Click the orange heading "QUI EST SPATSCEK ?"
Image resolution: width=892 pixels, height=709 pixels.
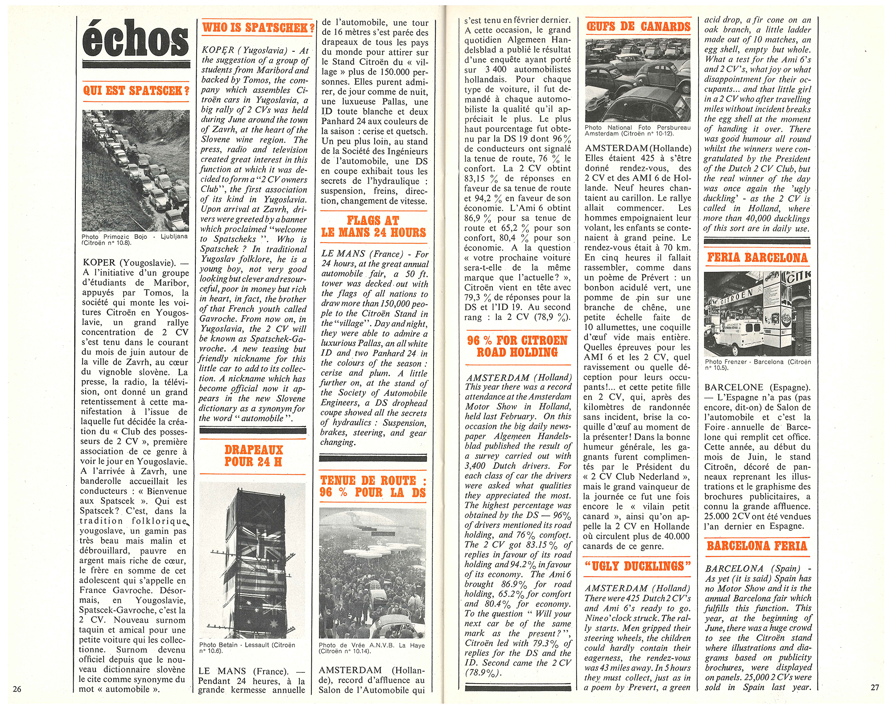(136, 91)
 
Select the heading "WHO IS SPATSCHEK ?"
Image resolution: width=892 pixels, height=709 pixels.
(258, 28)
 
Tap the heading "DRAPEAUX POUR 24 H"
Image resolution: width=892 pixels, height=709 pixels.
(253, 456)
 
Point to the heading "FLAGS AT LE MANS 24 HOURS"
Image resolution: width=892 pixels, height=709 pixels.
(374, 226)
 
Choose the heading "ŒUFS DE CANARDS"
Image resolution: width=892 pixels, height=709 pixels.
(639, 27)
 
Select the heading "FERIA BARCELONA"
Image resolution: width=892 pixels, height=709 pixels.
(757, 257)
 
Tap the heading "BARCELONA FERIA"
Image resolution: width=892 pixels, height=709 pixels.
(757, 546)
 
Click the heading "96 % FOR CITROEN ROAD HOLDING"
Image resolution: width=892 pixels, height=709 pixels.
(517, 346)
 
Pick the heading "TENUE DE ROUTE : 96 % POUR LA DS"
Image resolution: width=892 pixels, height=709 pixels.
(373, 486)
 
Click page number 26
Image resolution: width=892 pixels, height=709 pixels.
(17, 689)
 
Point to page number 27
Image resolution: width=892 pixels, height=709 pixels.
(875, 687)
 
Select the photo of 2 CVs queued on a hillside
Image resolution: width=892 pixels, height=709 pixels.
(136, 170)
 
